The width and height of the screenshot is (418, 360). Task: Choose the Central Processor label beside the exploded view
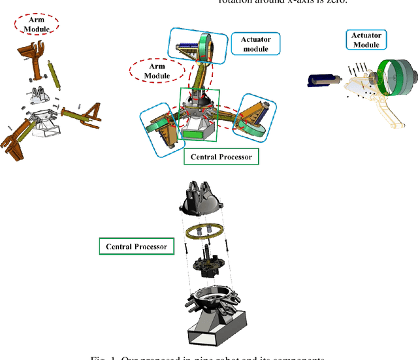(136, 246)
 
